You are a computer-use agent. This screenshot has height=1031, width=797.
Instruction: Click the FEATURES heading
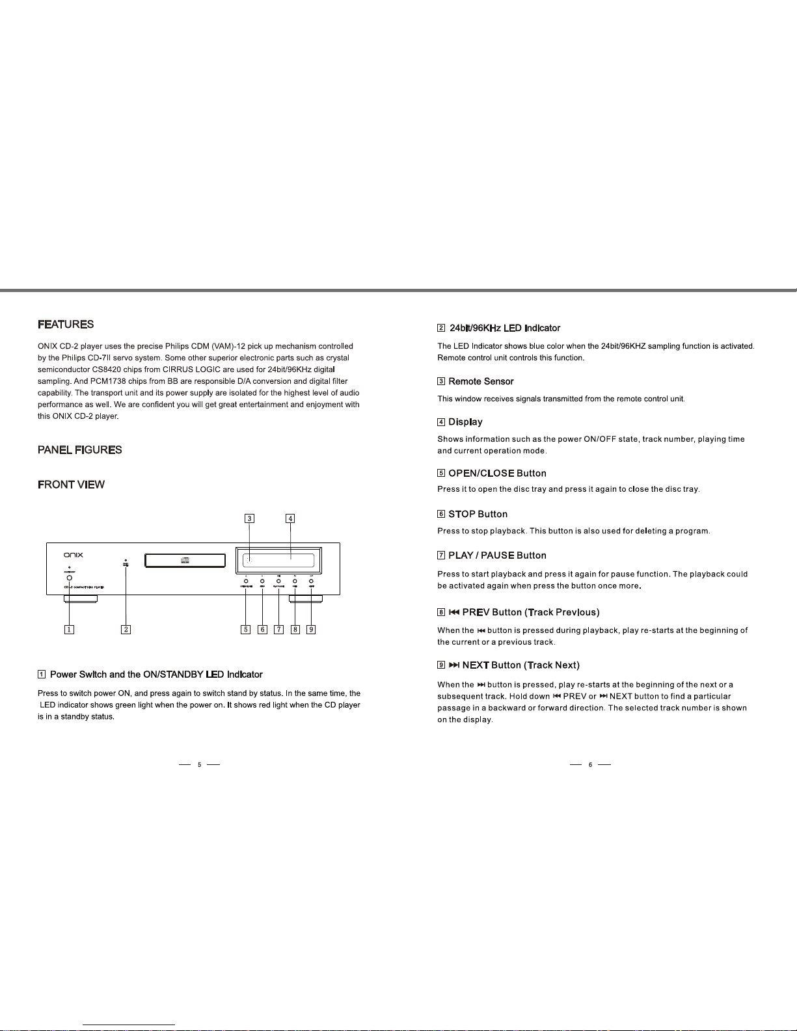[x=66, y=325]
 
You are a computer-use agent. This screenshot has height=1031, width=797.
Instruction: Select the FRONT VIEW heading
[x=71, y=485]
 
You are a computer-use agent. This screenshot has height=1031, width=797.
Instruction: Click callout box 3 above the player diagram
[x=249, y=518]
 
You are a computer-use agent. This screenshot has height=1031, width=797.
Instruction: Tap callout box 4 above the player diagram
[x=290, y=518]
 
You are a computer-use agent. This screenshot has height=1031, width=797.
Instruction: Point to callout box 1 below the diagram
[x=69, y=629]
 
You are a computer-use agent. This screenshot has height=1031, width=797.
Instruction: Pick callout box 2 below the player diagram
[x=126, y=629]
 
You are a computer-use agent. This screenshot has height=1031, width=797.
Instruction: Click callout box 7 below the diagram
[x=278, y=629]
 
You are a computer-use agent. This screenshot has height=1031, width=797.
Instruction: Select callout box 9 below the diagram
[x=311, y=629]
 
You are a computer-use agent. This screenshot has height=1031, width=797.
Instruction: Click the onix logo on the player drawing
[x=73, y=555]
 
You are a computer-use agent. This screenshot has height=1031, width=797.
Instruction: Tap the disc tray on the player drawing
[x=184, y=560]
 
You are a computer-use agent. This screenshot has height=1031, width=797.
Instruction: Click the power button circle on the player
[x=70, y=578]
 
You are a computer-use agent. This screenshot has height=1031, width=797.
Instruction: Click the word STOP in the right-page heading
[x=461, y=515]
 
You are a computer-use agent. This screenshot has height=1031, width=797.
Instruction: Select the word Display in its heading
[x=465, y=422]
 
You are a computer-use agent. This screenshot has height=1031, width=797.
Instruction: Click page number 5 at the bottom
[x=200, y=765]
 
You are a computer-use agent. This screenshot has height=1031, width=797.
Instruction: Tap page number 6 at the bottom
[x=590, y=765]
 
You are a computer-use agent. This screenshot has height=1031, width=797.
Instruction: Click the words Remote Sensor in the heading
[x=481, y=382]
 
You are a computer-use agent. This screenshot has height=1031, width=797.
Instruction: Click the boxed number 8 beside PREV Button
[x=441, y=612]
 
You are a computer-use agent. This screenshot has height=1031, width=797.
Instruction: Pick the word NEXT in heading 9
[x=476, y=665]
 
